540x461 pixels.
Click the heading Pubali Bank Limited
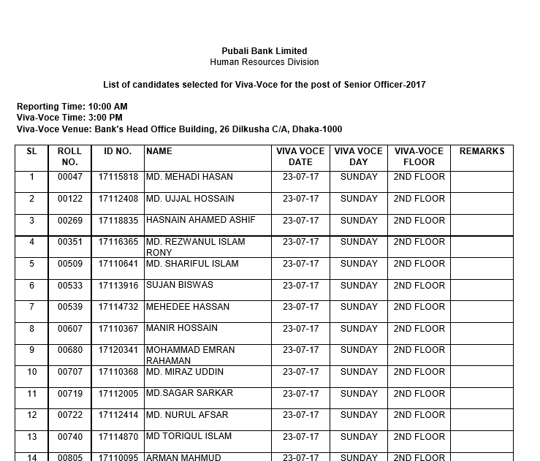coord(264,51)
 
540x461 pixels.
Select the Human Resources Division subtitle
coord(264,62)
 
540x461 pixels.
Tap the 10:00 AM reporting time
coord(107,107)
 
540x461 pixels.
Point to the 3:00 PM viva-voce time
coord(105,118)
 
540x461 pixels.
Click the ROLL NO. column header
coord(69,156)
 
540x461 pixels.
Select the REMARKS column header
coord(482,151)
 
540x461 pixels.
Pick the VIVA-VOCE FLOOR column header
coord(419,156)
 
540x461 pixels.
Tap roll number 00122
coord(70,199)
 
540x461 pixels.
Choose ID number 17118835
coord(118,221)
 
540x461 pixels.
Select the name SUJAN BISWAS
coord(180,285)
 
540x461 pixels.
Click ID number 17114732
coord(118,307)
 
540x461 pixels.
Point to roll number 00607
coord(70,329)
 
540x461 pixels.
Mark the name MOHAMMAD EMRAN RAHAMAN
coord(190,355)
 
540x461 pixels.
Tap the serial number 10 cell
coord(32,372)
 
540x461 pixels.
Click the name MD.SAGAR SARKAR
coord(189,393)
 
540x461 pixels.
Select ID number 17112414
coord(118,415)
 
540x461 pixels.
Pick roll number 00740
coord(70,437)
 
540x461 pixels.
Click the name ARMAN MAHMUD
coord(183,457)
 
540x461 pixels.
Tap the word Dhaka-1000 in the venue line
coord(317,129)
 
